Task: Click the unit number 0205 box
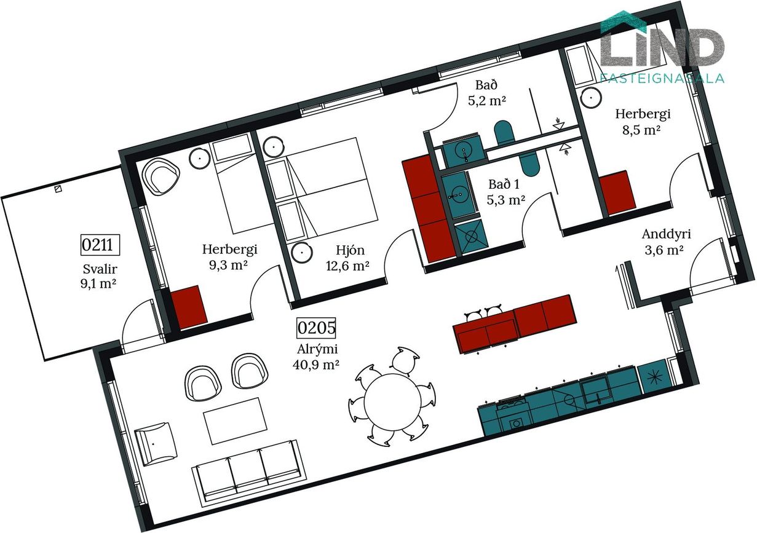[x=316, y=328]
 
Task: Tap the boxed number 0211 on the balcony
[x=100, y=245]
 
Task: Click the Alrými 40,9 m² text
[x=317, y=357]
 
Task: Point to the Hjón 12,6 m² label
[x=347, y=258]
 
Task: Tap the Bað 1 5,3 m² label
[x=505, y=192]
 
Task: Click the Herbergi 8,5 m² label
[x=643, y=122]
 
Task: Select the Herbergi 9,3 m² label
[x=230, y=257]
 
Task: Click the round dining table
[x=392, y=402]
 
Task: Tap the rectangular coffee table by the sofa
[x=235, y=421]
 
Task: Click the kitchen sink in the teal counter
[x=595, y=390]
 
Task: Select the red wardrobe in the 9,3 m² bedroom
[x=189, y=307]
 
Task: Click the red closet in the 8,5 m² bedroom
[x=618, y=193]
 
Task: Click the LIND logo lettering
[x=662, y=47]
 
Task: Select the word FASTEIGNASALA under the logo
[x=662, y=77]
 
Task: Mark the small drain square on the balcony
[x=58, y=189]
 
